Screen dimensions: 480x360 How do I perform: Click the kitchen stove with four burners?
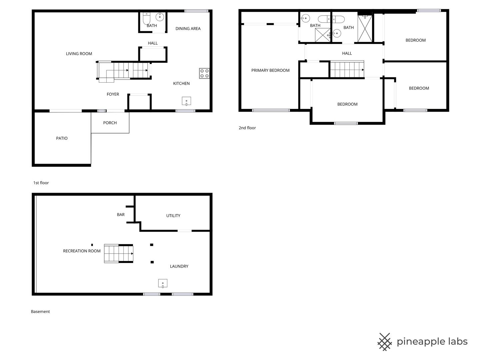(x=204, y=73)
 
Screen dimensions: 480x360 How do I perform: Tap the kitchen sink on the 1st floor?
(x=186, y=101)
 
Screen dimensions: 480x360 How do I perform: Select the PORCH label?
(x=110, y=123)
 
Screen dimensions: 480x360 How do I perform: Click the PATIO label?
(x=62, y=138)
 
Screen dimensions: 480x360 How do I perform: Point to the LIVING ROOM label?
(x=79, y=54)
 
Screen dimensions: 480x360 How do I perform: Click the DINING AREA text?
(x=188, y=29)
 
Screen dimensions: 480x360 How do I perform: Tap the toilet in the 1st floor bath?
(x=147, y=18)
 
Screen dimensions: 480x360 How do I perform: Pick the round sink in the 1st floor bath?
(x=160, y=17)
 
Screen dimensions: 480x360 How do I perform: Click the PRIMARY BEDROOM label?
(x=270, y=70)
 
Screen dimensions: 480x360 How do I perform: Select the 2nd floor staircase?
(x=347, y=69)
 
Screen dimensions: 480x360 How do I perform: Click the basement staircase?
(x=119, y=253)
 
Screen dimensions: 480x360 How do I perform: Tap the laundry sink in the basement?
(x=163, y=283)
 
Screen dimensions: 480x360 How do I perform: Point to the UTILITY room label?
(x=173, y=216)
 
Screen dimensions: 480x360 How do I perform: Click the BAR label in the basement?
(x=121, y=215)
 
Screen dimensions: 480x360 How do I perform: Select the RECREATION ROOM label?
(x=82, y=251)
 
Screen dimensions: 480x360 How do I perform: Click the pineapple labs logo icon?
(x=384, y=342)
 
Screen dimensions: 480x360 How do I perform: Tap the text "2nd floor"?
(x=247, y=128)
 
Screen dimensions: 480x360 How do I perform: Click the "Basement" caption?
(x=40, y=311)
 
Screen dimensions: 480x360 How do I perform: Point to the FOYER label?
(x=113, y=94)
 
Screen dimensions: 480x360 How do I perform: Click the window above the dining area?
(x=196, y=11)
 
